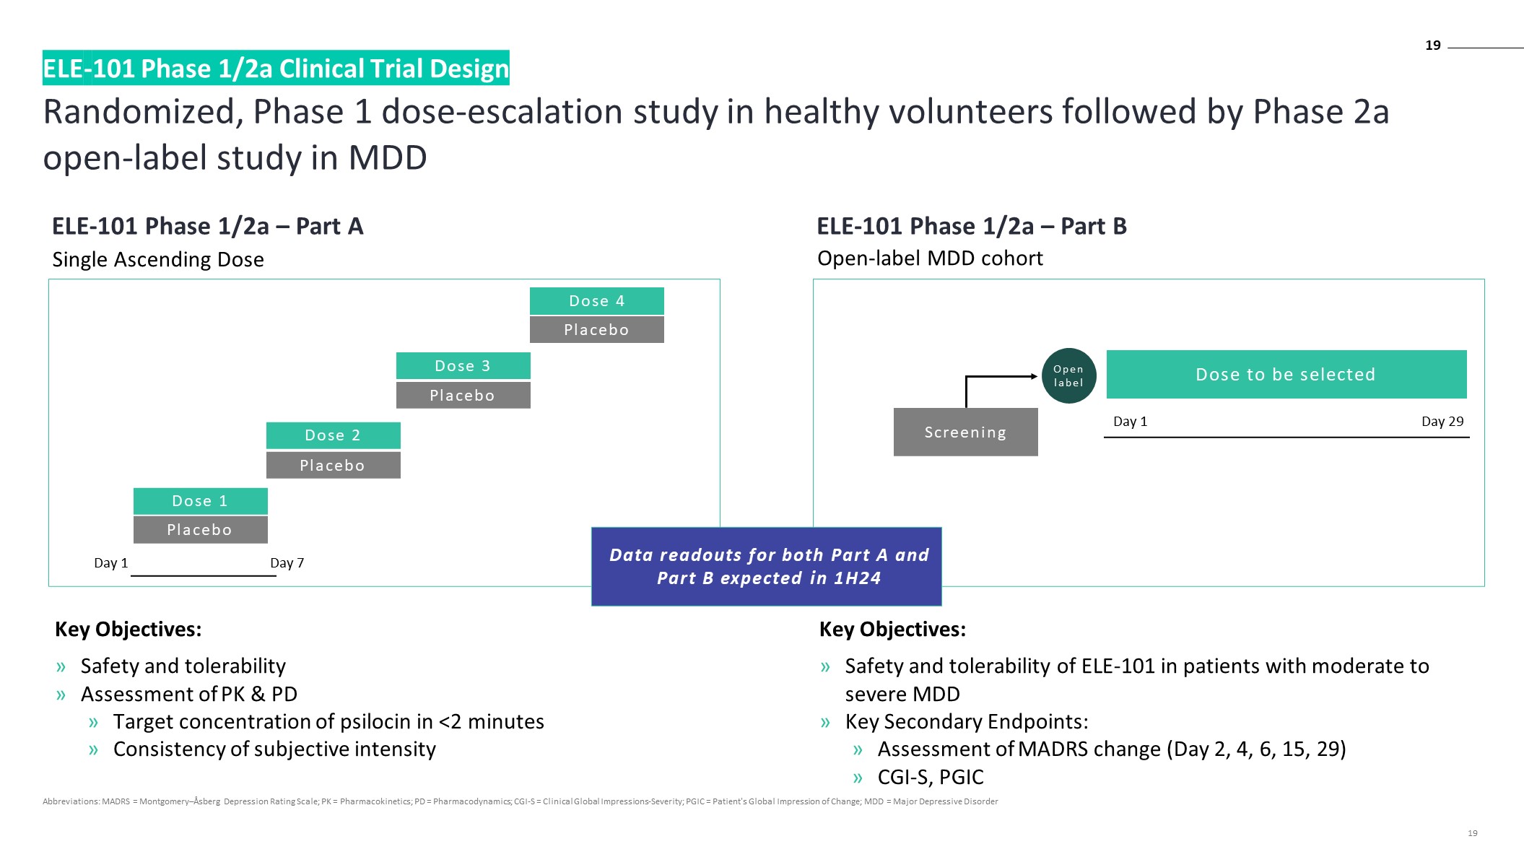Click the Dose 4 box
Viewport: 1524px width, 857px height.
pyautogui.click(x=596, y=301)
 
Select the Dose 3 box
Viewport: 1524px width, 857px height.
pyautogui.click(x=463, y=366)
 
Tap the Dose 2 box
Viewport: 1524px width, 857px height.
pyautogui.click(x=333, y=435)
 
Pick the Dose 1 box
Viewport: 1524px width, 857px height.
pyautogui.click(x=200, y=501)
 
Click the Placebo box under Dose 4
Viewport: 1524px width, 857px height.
pyautogui.click(x=596, y=330)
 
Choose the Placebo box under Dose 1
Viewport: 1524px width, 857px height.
pyautogui.click(x=200, y=530)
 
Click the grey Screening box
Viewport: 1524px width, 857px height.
pyautogui.click(x=965, y=432)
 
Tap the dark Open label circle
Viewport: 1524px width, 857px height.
pyautogui.click(x=1068, y=375)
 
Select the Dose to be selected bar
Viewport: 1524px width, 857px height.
pyautogui.click(x=1286, y=374)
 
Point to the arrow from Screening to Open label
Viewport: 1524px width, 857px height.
pyautogui.click(x=996, y=377)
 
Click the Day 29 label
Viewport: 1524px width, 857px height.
pyautogui.click(x=1442, y=422)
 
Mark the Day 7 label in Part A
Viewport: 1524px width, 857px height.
pyautogui.click(x=287, y=563)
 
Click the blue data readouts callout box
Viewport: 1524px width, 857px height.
pyautogui.click(x=766, y=567)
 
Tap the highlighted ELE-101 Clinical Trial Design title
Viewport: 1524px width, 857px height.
pyautogui.click(x=276, y=69)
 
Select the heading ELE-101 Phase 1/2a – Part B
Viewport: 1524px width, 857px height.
pyautogui.click(x=971, y=227)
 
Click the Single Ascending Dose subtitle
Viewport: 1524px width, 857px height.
pyautogui.click(x=158, y=260)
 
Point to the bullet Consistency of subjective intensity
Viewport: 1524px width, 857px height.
pyautogui.click(x=274, y=749)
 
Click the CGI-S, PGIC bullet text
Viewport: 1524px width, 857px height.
pyautogui.click(x=930, y=778)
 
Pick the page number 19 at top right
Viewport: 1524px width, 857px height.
pyautogui.click(x=1432, y=45)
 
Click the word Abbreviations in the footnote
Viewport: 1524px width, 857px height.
pyautogui.click(x=71, y=801)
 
